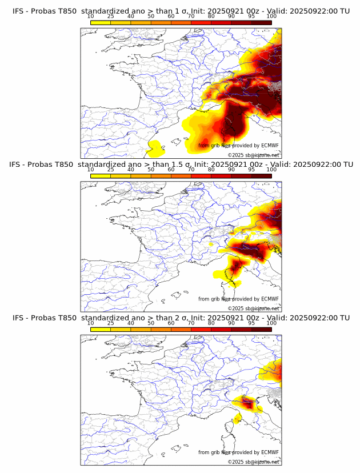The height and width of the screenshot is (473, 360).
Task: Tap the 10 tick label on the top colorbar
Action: pyautogui.click(x=90, y=17)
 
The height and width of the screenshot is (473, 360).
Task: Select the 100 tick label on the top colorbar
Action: pyautogui.click(x=271, y=17)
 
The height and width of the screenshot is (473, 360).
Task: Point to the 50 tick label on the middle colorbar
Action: pyautogui.click(x=151, y=170)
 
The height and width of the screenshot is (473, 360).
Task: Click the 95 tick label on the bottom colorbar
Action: pyautogui.click(x=251, y=323)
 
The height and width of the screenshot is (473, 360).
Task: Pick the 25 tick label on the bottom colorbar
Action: pyautogui.click(x=110, y=323)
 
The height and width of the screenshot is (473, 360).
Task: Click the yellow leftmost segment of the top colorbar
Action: pyautogui.click(x=101, y=22)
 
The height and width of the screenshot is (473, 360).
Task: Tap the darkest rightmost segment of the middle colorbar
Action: pyautogui.click(x=261, y=175)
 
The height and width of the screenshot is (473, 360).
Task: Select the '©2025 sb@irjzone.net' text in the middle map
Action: pyautogui.click(x=253, y=308)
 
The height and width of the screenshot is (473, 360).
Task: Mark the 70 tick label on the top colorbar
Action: pyautogui.click(x=191, y=17)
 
